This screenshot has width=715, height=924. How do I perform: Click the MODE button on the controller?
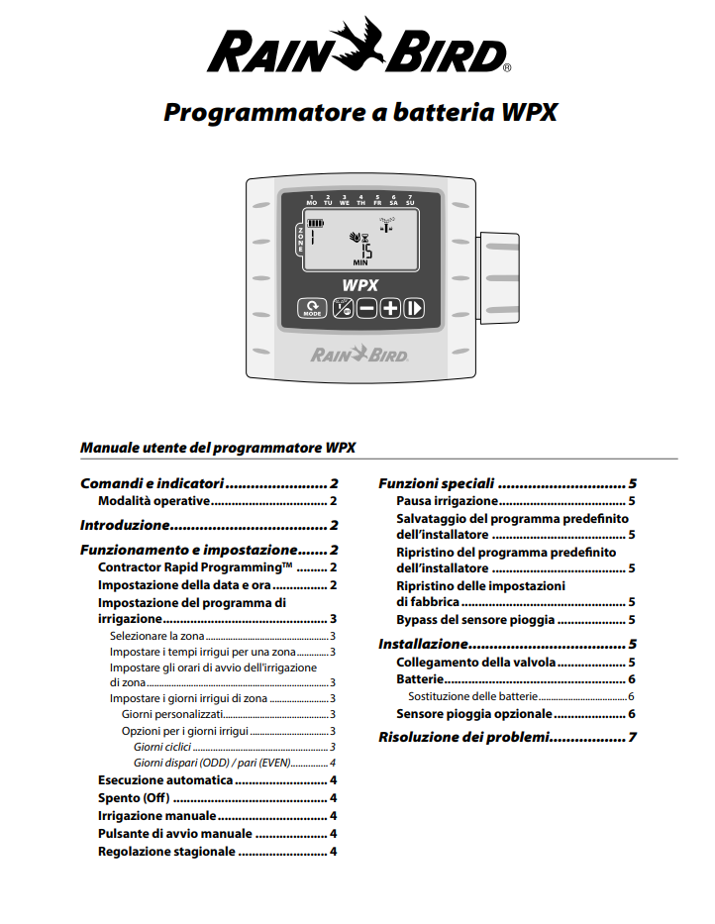point(313,308)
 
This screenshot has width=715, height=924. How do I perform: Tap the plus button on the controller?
point(389,308)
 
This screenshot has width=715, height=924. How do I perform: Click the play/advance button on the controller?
point(413,308)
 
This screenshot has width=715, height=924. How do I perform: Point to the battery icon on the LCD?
point(315,223)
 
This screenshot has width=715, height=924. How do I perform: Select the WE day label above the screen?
point(345,201)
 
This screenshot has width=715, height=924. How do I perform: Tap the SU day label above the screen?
point(410,201)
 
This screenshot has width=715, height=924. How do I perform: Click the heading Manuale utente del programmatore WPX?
point(217,448)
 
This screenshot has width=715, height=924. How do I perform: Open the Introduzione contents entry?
point(126,525)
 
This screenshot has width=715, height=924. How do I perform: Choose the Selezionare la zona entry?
point(156,636)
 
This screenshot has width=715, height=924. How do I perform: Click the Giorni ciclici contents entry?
point(163,746)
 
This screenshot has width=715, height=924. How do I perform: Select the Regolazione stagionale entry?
point(166,851)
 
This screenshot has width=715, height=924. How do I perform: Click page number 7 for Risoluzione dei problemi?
point(631,738)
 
